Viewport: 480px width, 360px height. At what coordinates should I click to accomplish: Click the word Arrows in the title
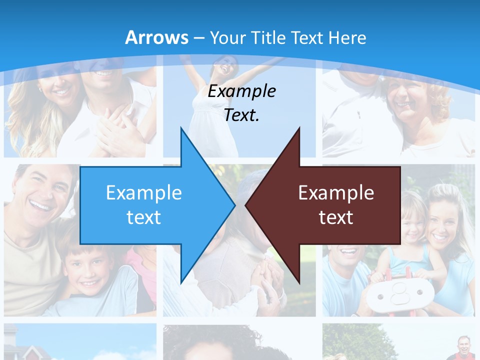pyautogui.click(x=156, y=37)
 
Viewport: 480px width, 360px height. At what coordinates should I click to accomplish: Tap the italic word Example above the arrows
pyautogui.click(x=241, y=91)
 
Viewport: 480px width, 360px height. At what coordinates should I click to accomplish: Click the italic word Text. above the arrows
pyautogui.click(x=241, y=115)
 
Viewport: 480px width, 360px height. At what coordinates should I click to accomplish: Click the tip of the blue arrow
pyautogui.click(x=234, y=204)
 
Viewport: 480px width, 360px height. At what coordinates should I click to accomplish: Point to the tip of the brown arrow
pyautogui.click(x=246, y=204)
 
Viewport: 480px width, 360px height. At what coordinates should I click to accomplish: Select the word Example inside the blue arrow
pyautogui.click(x=144, y=193)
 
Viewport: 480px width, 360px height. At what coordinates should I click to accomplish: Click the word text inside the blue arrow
pyautogui.click(x=144, y=217)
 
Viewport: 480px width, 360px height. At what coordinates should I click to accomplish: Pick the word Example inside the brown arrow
pyautogui.click(x=336, y=193)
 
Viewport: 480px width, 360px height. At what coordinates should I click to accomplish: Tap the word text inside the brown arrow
pyautogui.click(x=336, y=217)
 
